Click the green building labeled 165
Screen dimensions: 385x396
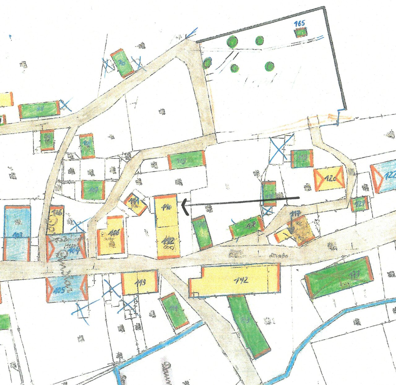point(301,32)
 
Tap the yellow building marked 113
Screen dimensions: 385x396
point(140,282)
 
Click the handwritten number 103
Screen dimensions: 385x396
point(18,235)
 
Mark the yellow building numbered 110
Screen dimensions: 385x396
point(166,210)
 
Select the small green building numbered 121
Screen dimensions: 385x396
point(359,204)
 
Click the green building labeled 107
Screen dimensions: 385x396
point(93,190)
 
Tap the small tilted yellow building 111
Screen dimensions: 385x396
point(136,204)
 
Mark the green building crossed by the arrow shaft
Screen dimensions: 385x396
point(269,194)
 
